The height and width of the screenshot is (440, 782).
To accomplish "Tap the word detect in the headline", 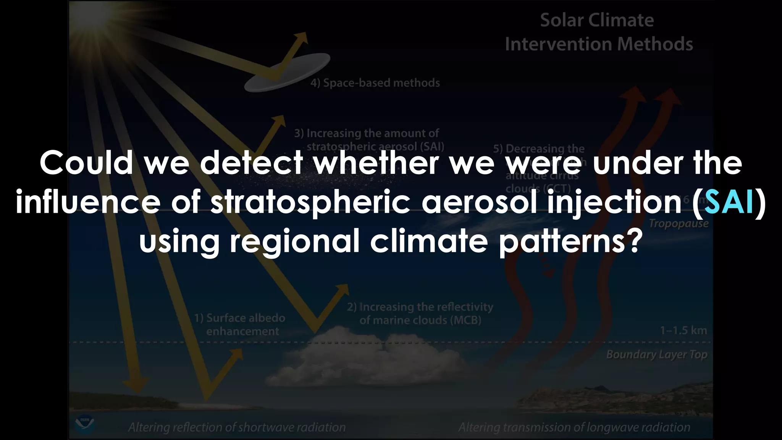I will click(x=251, y=163).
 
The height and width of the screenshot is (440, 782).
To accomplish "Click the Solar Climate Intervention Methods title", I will click(x=598, y=32).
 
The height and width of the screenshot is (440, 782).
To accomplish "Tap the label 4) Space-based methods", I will click(x=375, y=83).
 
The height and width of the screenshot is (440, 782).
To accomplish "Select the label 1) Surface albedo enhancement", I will click(x=240, y=324).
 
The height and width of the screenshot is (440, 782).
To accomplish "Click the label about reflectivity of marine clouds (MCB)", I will click(x=420, y=313).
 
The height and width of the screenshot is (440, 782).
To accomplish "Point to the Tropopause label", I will click(x=678, y=223).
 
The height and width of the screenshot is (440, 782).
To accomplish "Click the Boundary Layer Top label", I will click(x=656, y=354).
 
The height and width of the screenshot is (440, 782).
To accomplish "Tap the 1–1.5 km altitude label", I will click(x=683, y=330).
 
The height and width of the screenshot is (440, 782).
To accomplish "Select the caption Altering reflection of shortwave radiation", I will click(x=237, y=427).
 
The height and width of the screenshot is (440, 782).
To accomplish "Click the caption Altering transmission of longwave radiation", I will click(x=574, y=427).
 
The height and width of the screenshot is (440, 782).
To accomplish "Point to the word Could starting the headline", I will click(x=86, y=163).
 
